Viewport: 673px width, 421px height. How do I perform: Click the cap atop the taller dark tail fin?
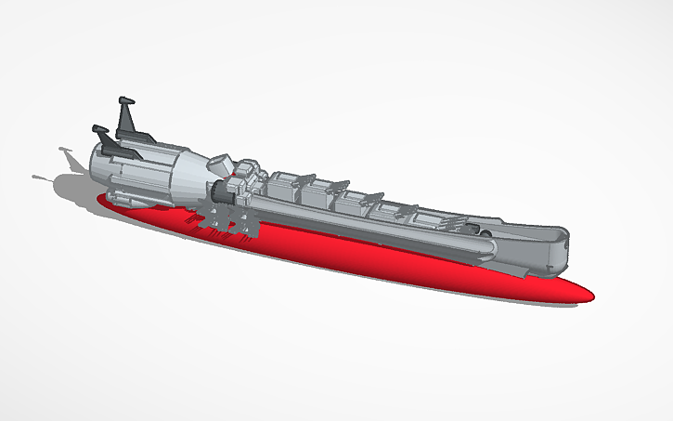tap(127, 99)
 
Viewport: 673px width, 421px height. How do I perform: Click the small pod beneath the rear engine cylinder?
tap(121, 197)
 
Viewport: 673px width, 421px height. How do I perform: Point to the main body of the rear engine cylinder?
tap(139, 172)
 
